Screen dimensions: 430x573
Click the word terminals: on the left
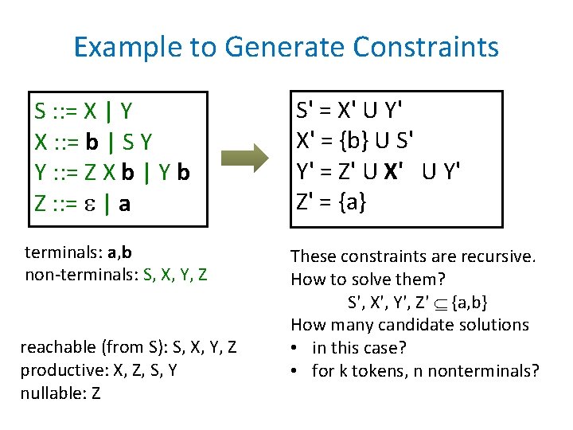[x=60, y=253]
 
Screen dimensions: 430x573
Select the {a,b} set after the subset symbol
[x=470, y=303]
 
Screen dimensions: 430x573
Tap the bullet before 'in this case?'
[x=296, y=348]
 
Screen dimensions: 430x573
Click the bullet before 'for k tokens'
[x=296, y=371]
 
